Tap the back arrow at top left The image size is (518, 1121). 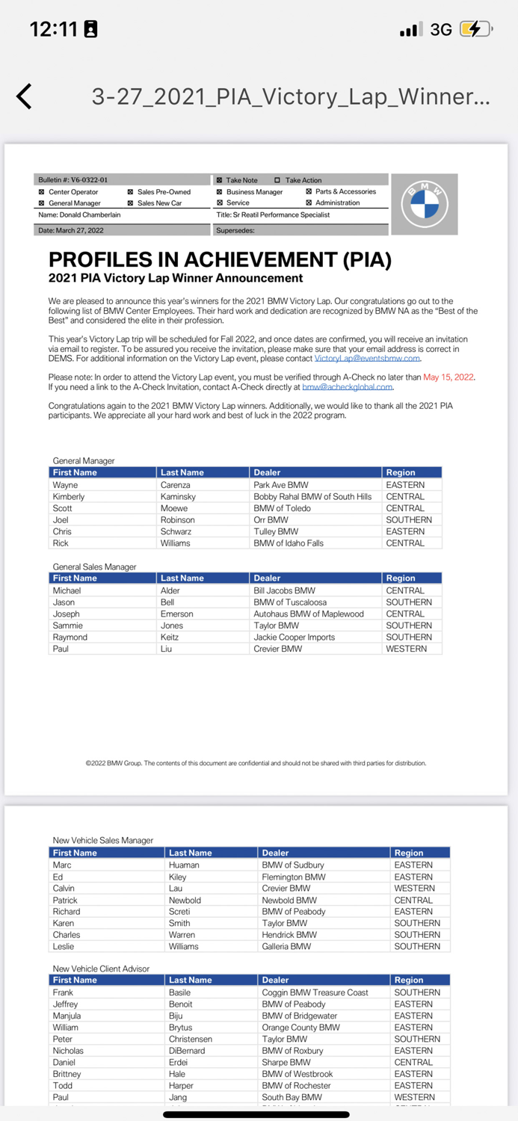(25, 96)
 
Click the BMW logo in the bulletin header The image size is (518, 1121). (425, 203)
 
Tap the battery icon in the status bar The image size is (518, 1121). (475, 29)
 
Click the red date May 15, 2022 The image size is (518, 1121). (448, 377)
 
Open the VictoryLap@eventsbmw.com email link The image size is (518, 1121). (367, 359)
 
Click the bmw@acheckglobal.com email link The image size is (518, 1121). (347, 387)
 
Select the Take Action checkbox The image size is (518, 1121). (277, 180)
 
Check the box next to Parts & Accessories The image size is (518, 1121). (309, 191)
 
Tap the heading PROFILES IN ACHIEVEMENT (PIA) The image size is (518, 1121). (220, 260)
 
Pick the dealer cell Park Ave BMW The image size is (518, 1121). (280, 485)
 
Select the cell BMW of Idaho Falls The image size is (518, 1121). (289, 543)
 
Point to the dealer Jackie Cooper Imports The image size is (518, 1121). (294, 637)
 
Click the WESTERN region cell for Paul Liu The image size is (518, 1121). (407, 649)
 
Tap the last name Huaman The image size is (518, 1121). (184, 865)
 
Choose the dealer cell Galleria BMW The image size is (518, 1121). (286, 946)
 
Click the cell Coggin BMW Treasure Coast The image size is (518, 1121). (315, 992)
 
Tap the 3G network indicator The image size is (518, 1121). (441, 29)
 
